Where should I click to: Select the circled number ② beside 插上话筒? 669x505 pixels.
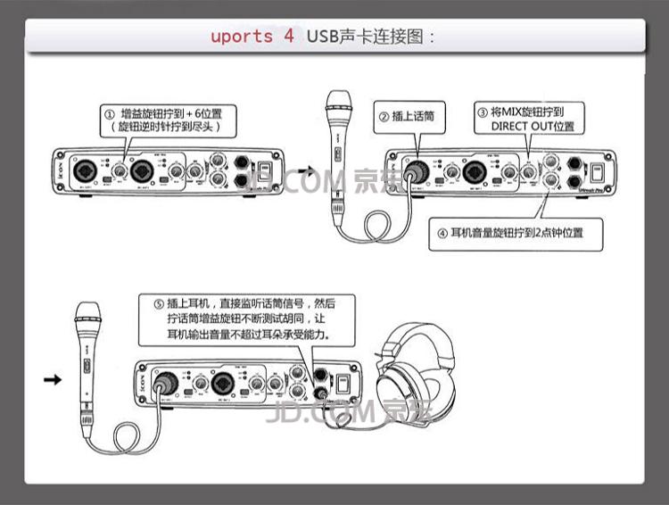384,116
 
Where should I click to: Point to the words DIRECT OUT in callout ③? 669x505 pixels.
520,127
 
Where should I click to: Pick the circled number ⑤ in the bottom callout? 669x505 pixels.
147,302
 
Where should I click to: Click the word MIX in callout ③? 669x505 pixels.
516,112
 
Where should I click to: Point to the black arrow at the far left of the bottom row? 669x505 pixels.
53,380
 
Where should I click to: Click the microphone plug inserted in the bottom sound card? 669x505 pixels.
166,384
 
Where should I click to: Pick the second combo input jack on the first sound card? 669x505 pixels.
141,170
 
